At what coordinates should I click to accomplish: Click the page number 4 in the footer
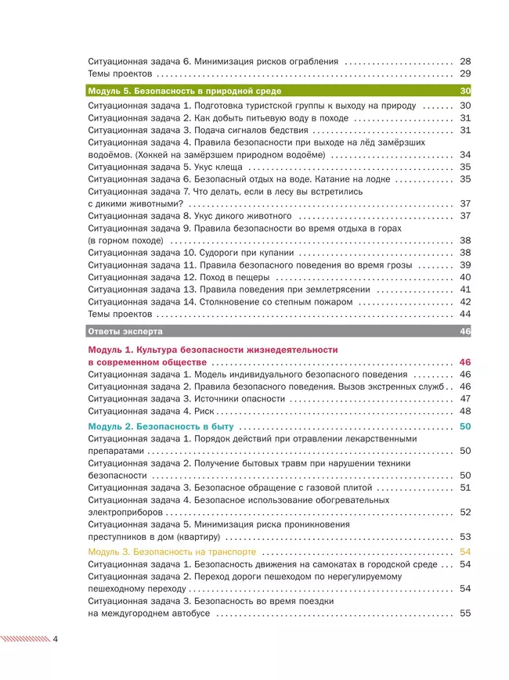point(56,639)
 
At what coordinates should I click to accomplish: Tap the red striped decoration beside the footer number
point(25,639)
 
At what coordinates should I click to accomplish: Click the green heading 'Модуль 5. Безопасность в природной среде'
point(185,91)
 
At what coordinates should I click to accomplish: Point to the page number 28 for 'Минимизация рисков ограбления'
point(465,60)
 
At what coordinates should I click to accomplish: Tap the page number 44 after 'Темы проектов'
point(465,314)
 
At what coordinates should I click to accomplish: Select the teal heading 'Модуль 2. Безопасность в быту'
point(161,426)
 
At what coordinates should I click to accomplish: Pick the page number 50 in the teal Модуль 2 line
point(465,426)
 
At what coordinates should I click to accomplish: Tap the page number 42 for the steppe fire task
point(465,301)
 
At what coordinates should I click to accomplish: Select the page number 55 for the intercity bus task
point(465,613)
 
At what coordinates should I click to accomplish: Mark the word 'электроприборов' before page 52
point(125,512)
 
